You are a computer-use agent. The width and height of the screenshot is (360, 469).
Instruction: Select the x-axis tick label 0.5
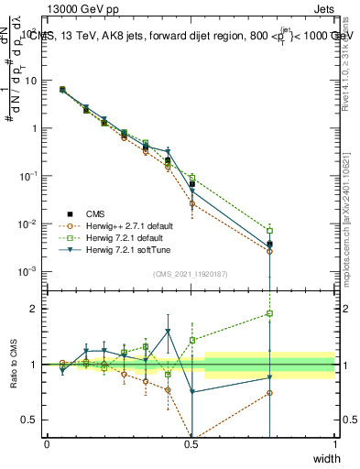[x=191, y=444]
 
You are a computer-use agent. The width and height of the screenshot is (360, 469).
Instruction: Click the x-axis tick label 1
[x=334, y=444]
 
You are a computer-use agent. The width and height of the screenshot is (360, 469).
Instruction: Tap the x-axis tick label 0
[x=47, y=444]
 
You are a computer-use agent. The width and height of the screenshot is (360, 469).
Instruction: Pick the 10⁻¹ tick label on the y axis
[x=26, y=176]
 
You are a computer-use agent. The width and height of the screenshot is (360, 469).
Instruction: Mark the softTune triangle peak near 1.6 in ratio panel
[x=168, y=332]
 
